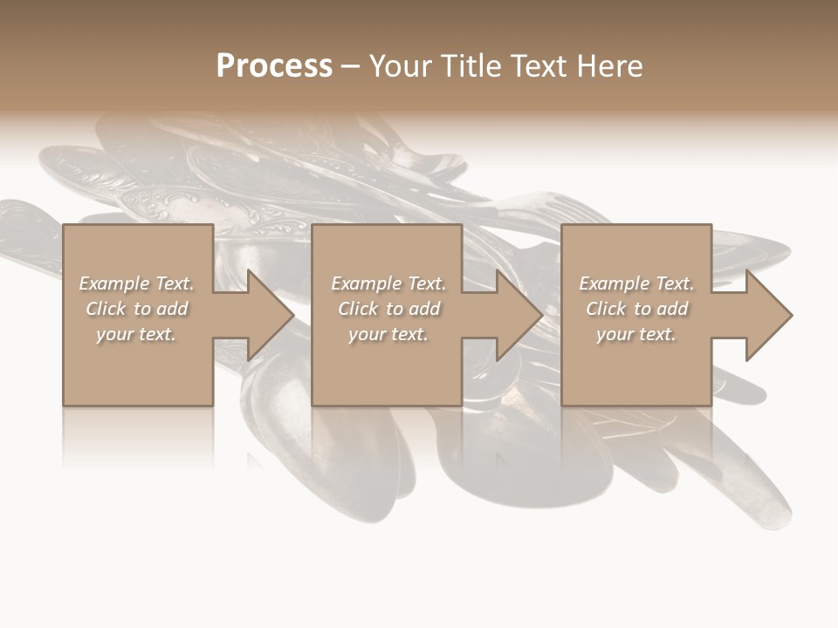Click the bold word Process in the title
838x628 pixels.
[x=274, y=66]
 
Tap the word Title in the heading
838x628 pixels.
[x=470, y=66]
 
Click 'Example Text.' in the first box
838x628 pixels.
[x=136, y=283]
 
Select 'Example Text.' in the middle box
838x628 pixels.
[x=388, y=283]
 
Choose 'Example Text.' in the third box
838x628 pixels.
[x=636, y=283]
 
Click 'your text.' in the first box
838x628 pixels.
[x=136, y=334]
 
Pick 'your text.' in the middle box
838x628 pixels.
[x=388, y=334]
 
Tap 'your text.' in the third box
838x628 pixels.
[x=636, y=334]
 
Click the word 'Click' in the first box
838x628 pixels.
[x=106, y=309]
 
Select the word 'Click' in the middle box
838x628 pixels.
[x=358, y=309]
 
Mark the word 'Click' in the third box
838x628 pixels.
[x=606, y=309]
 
